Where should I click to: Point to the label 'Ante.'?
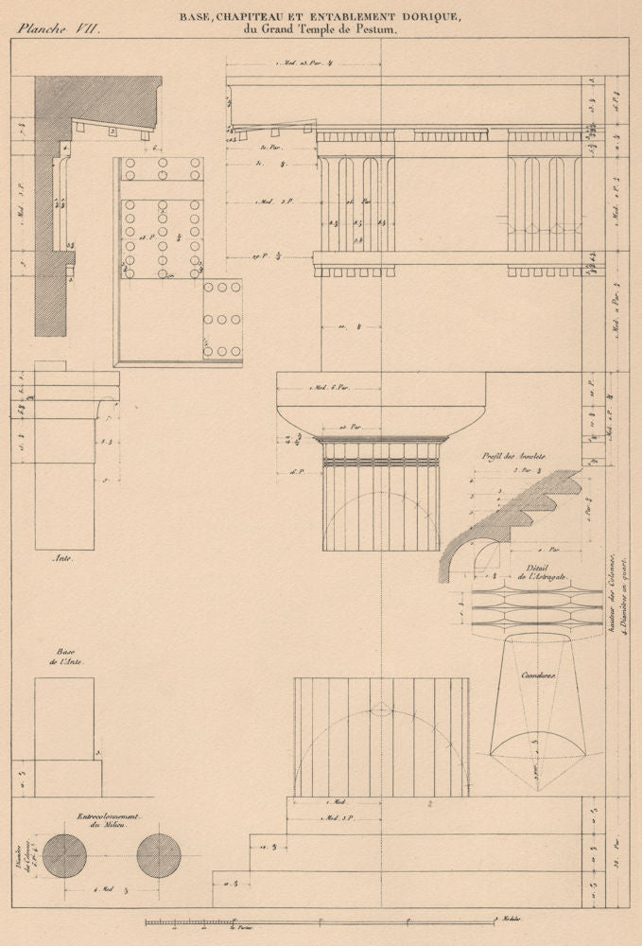(62, 559)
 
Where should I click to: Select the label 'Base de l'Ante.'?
(64, 657)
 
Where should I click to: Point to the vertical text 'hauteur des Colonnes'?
(612, 597)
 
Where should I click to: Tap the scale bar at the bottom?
(321, 921)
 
